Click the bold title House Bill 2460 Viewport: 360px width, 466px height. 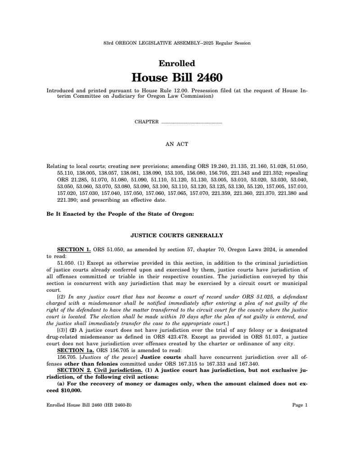(177, 78)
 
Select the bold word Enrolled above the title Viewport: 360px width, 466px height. (177, 63)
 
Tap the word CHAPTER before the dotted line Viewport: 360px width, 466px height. (147, 122)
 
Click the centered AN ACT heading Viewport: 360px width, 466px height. (177, 144)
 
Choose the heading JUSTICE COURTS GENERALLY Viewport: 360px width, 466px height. (177, 235)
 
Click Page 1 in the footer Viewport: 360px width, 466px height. (300, 405)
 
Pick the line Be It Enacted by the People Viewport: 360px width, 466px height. (120, 214)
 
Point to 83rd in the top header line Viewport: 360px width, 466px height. (108, 43)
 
